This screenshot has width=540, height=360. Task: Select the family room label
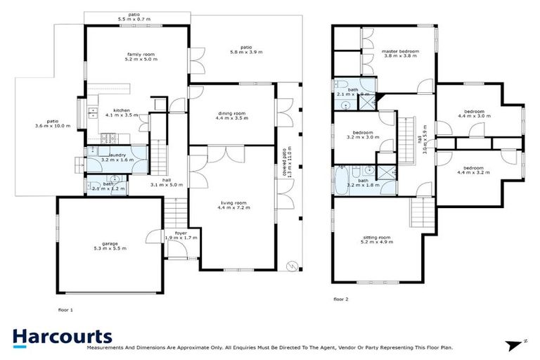point(141,57)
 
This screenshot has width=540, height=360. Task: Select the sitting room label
point(377,240)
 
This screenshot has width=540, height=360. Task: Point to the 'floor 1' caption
point(65,309)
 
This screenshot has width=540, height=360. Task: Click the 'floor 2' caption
point(341,299)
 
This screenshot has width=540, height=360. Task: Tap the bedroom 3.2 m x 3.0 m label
point(363,136)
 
